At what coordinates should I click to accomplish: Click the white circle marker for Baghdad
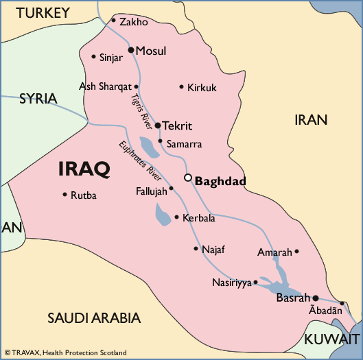click(x=188, y=178)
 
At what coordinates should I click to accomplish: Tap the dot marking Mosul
click(x=131, y=50)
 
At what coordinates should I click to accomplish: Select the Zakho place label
click(x=133, y=22)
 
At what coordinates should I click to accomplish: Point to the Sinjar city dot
click(x=93, y=56)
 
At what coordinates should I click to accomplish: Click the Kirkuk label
click(x=202, y=88)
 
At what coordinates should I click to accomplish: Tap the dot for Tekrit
click(x=157, y=125)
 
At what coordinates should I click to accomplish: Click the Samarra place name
click(x=184, y=145)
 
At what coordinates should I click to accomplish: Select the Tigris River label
click(x=139, y=108)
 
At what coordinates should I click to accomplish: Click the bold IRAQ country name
click(x=84, y=169)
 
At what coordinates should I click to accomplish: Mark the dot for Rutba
click(x=65, y=195)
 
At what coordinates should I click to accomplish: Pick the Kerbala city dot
click(x=176, y=217)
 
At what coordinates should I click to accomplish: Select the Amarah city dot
click(x=296, y=251)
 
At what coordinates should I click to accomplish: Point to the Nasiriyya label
click(x=232, y=283)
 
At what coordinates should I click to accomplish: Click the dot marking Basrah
click(x=316, y=298)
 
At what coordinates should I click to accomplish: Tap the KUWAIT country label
click(x=332, y=339)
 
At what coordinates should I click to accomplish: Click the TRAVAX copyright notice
click(x=65, y=352)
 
